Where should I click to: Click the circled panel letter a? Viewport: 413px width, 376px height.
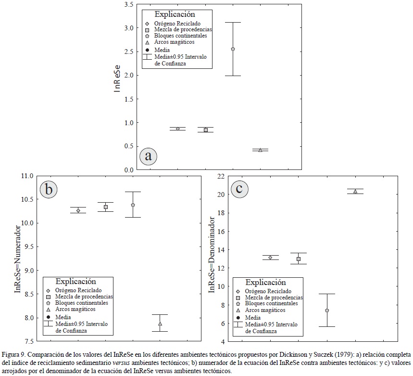[x=149, y=156]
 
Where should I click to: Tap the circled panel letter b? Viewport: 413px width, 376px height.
[x=49, y=189]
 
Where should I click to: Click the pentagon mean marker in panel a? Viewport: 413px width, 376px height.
[x=233, y=49]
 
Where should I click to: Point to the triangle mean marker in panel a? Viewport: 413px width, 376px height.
[x=260, y=150]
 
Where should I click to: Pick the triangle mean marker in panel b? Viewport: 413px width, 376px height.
[x=160, y=324]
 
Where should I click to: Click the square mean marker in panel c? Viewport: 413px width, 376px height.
[x=299, y=259]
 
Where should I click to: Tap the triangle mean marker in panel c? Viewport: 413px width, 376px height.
[x=355, y=191]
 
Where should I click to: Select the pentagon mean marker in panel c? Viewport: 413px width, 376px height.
[x=327, y=311]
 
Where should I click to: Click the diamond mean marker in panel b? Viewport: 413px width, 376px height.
[x=78, y=210]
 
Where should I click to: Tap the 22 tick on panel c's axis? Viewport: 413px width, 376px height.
[x=221, y=176]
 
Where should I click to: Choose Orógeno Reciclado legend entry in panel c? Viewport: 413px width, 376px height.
[x=268, y=291]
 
